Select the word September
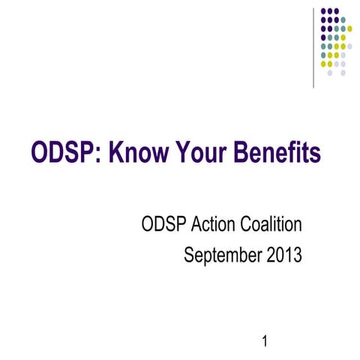point(221,256)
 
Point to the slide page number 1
point(265,343)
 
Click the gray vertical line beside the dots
point(313,45)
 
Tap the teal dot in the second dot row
point(343,19)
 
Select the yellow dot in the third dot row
point(349,28)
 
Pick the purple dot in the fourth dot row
point(322,37)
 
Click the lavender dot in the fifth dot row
point(349,46)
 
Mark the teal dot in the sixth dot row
point(322,55)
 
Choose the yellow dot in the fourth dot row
point(343,37)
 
